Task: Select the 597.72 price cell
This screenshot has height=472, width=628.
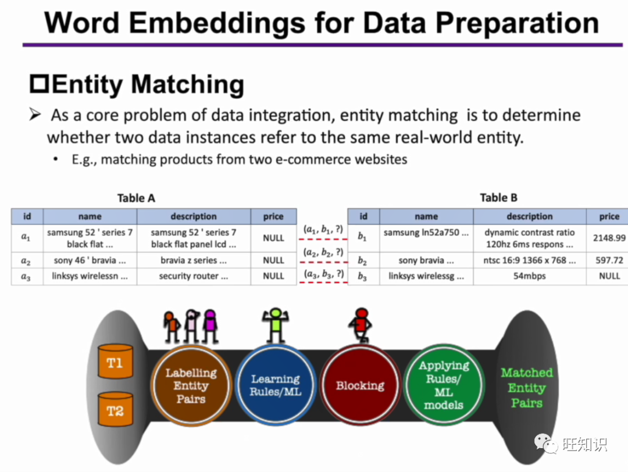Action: point(609,260)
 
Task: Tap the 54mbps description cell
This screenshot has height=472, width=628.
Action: point(529,277)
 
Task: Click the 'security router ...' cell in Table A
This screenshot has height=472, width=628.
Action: point(194,277)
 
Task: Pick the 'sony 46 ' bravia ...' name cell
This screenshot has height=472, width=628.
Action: point(90,260)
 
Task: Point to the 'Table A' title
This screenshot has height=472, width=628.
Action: point(136,198)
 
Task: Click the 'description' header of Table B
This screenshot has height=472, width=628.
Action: point(529,217)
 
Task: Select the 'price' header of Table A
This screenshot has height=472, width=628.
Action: point(273,217)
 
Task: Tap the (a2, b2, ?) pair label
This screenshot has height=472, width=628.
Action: point(323,253)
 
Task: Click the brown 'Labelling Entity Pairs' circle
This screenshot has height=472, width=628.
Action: point(190,385)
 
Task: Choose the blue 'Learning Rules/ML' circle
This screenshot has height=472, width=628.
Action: point(275,385)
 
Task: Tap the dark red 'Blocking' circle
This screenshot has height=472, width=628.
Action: point(360,385)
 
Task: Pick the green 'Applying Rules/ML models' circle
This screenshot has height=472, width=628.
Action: point(444,385)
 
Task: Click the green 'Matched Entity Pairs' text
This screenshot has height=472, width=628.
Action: point(527,388)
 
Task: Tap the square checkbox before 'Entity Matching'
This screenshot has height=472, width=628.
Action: point(39,85)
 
